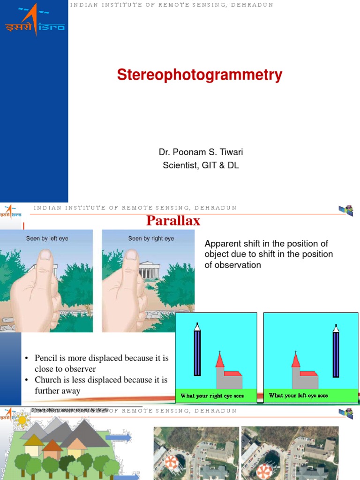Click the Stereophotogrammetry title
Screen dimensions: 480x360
click(x=200, y=75)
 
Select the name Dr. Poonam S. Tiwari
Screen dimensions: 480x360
click(x=201, y=152)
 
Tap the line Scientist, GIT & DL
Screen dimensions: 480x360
click(x=201, y=165)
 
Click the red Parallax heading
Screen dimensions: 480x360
click(x=173, y=221)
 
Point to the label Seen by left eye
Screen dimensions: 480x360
click(x=47, y=239)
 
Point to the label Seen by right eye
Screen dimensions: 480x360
click(x=151, y=239)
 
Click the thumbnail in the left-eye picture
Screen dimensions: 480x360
click(x=45, y=256)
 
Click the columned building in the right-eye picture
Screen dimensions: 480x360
click(x=150, y=270)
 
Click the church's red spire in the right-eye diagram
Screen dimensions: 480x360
click(x=219, y=360)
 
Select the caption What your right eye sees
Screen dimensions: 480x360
click(x=212, y=396)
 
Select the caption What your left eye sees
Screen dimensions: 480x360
click(x=298, y=396)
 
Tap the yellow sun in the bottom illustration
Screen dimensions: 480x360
click(x=22, y=420)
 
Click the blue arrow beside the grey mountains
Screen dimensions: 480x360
click(x=118, y=438)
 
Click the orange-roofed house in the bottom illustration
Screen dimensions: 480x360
click(x=52, y=450)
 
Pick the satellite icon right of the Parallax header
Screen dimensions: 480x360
click(x=346, y=210)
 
